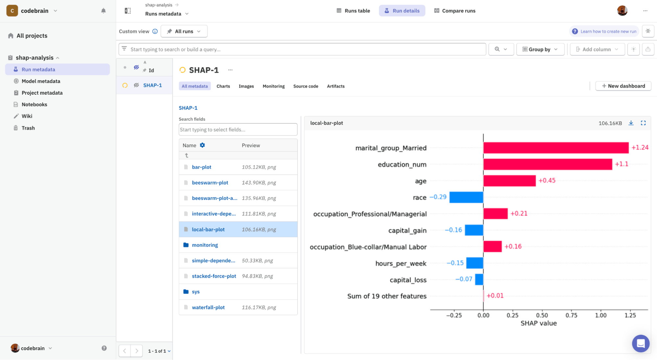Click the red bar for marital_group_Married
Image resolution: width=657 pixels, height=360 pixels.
556,148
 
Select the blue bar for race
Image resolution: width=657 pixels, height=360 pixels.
466,197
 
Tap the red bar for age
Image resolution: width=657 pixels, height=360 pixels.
509,181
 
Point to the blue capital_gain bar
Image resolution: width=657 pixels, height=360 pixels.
474,230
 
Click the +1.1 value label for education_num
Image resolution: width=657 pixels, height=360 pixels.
622,164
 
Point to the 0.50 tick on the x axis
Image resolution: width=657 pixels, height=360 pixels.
542,315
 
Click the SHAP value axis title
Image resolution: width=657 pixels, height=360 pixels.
538,323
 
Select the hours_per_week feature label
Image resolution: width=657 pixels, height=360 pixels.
401,263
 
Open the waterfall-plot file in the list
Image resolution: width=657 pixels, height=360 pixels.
208,307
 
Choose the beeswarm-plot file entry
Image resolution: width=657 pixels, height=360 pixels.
210,182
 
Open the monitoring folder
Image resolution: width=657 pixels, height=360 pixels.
205,245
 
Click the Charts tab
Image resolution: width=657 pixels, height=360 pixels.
223,86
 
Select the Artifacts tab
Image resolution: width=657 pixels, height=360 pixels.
336,86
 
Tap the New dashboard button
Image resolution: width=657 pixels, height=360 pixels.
623,86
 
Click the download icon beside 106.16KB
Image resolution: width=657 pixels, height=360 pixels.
631,123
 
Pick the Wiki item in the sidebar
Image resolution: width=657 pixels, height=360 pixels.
27,116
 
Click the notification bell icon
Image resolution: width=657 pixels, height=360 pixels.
104,11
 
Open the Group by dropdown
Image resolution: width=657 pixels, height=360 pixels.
540,49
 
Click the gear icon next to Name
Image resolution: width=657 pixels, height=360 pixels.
202,145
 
